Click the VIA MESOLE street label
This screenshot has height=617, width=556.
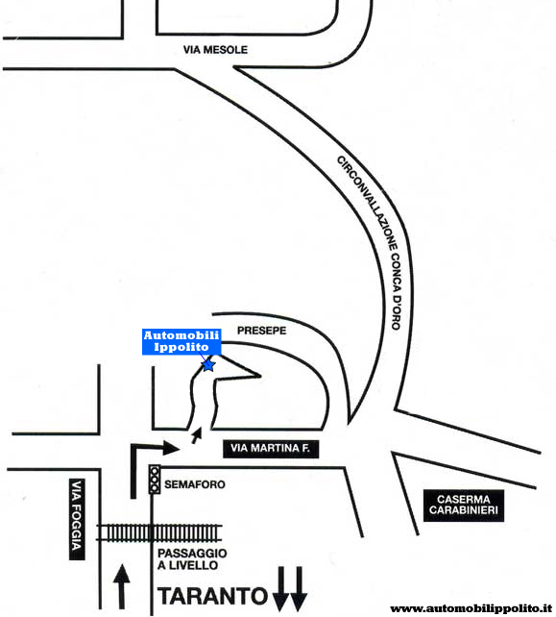[x=215, y=50]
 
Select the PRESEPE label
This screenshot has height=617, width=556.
[x=261, y=331]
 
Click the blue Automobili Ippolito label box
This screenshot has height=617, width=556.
[x=181, y=341]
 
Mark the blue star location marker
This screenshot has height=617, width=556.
[x=208, y=365]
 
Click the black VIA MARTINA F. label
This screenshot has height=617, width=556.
[x=271, y=449]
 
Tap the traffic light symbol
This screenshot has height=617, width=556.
[x=155, y=480]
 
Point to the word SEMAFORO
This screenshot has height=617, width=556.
[x=195, y=484]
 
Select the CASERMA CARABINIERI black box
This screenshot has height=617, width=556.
[x=464, y=506]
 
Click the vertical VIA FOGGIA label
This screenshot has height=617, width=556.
[x=77, y=519]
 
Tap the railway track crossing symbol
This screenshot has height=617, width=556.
[x=159, y=532]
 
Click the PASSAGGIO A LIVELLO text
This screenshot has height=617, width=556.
[x=192, y=559]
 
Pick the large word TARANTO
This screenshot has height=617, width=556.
[x=212, y=596]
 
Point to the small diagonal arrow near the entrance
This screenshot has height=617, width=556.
[x=197, y=435]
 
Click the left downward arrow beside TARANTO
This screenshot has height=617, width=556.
[x=280, y=589]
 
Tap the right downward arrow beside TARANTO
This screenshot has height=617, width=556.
[x=299, y=589]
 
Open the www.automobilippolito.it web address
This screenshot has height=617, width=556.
[x=471, y=608]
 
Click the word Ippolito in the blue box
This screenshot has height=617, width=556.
[x=181, y=347]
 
